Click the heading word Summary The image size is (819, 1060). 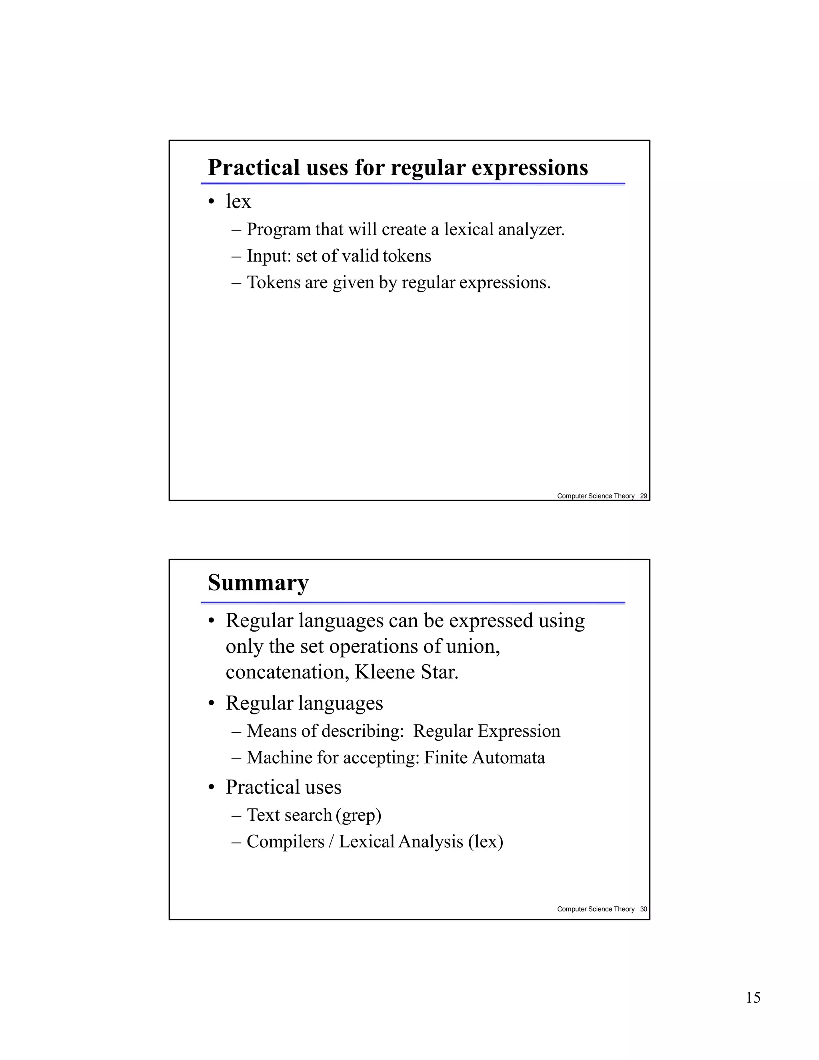point(258,583)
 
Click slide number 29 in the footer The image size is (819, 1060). point(643,496)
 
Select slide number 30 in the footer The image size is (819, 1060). point(643,909)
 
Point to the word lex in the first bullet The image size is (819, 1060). point(238,202)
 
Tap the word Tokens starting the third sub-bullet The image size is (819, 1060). point(273,282)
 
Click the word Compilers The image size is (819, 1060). point(285,842)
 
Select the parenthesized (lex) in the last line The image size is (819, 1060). point(485,842)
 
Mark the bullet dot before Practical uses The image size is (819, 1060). point(211,788)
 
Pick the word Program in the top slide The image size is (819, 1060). point(278,230)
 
